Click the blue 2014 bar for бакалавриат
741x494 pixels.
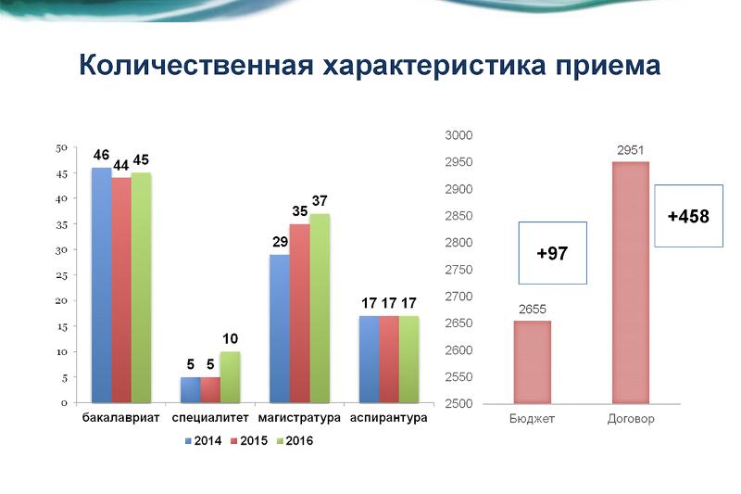click(102, 285)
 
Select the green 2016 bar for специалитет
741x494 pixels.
click(229, 377)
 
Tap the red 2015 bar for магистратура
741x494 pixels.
click(299, 313)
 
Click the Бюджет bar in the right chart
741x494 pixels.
click(533, 362)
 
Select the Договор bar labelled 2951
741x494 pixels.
click(630, 283)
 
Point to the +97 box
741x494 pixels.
click(553, 253)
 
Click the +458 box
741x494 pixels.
click(688, 216)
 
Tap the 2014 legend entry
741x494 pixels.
click(202, 441)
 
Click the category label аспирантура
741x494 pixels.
click(388, 418)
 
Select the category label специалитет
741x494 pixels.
click(210, 418)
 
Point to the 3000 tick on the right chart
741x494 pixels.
click(458, 135)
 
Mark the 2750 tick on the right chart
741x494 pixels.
click(458, 270)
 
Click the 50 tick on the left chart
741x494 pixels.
click(61, 147)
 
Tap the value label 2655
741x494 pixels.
click(532, 310)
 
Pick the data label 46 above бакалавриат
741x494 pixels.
click(101, 155)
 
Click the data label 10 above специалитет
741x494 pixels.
click(231, 339)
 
